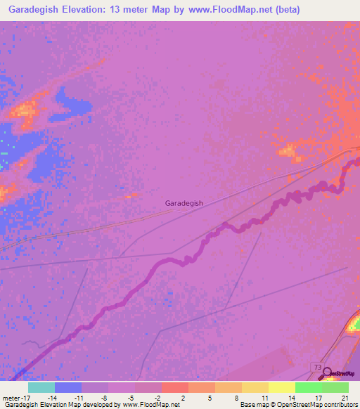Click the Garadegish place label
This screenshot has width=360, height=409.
click(184, 203)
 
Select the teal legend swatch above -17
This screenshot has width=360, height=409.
click(41, 387)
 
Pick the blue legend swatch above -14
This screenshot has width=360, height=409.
click(68, 387)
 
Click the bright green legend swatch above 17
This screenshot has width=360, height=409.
click(308, 387)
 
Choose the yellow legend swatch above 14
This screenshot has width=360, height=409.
click(281, 387)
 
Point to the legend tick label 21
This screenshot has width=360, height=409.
click(345, 398)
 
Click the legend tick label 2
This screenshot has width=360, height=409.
click(184, 398)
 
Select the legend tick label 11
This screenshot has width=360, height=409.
click(264, 398)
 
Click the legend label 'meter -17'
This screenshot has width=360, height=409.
click(15, 398)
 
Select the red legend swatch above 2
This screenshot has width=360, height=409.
click(174, 387)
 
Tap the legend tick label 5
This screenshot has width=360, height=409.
click(210, 398)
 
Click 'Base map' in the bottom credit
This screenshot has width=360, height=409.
click(253, 405)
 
